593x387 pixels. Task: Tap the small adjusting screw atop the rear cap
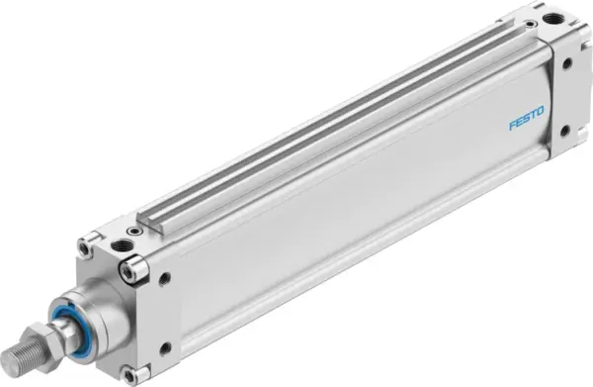coord(532,24)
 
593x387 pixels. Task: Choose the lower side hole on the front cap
coord(164,347)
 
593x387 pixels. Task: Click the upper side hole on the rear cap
coord(566,64)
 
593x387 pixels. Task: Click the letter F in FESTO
coord(512,127)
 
